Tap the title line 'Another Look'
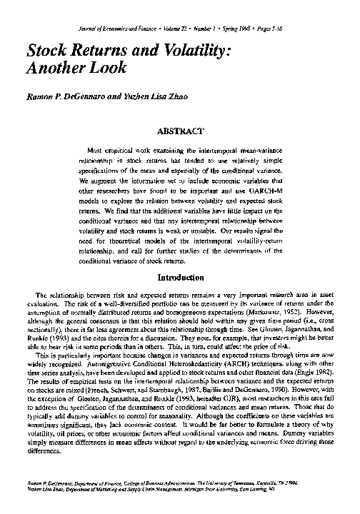click(x=76, y=69)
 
